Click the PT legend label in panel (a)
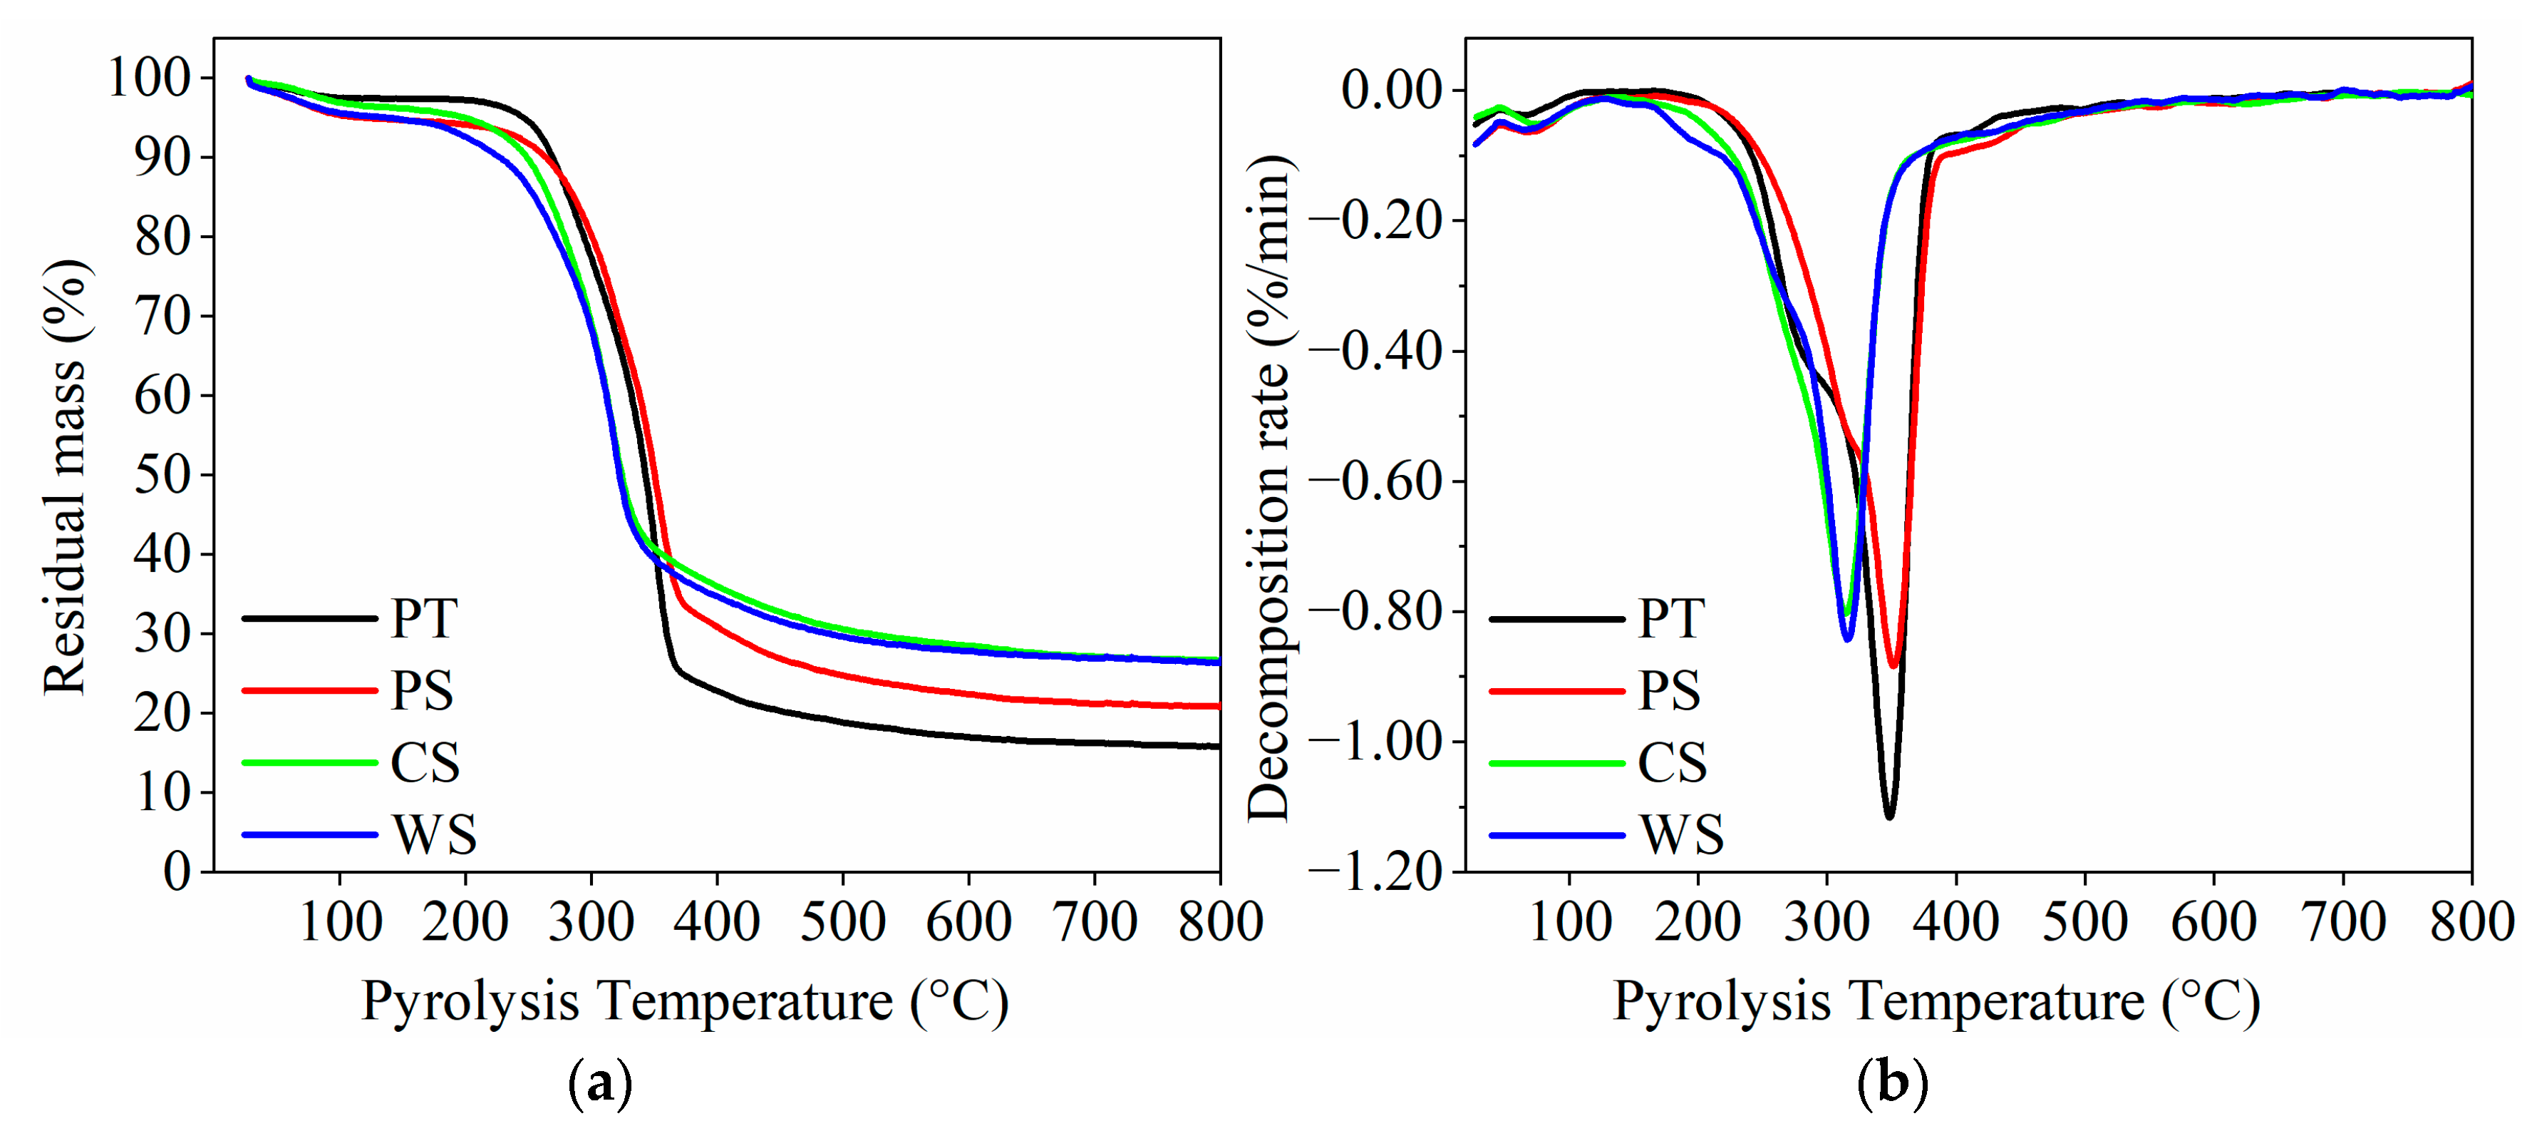(x=423, y=618)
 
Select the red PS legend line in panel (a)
(x=309, y=690)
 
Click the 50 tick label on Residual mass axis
(x=162, y=475)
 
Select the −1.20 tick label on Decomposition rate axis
(x=1375, y=871)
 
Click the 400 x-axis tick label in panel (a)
(x=716, y=923)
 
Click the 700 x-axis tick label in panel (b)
(x=2343, y=923)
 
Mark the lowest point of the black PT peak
(x=1889, y=817)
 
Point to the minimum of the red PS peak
(x=1893, y=666)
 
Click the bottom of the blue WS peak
(x=1848, y=639)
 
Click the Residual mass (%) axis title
(x=66, y=477)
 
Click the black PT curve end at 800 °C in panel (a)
(x=1217, y=747)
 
